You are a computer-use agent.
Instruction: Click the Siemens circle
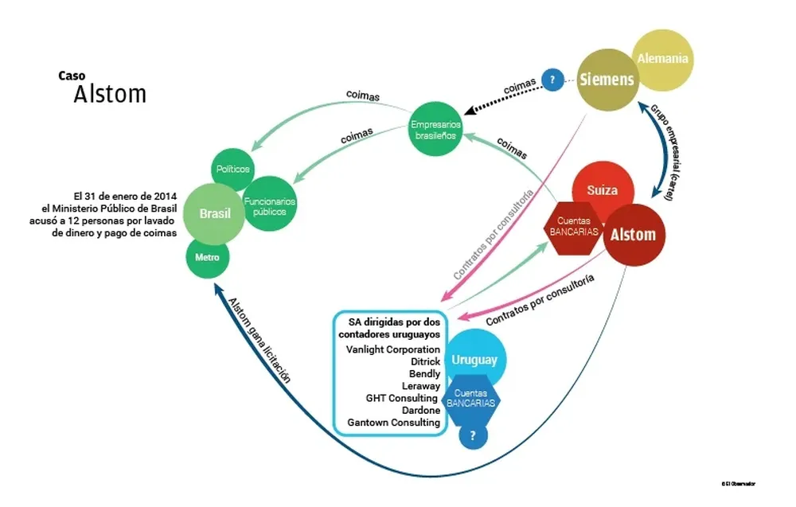tap(607, 80)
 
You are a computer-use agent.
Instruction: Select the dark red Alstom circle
tap(633, 234)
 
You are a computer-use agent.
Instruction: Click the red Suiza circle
tap(603, 192)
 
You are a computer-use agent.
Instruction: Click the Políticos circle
tap(232, 170)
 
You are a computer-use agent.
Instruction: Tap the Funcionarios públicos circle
tap(270, 202)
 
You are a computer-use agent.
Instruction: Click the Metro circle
tap(208, 258)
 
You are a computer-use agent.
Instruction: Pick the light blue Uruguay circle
tap(474, 360)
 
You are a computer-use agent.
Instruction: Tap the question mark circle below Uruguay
tap(473, 435)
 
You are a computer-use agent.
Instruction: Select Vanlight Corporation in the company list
tap(393, 349)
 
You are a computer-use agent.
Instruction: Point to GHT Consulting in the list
tap(402, 398)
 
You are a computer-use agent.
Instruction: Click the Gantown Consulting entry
tap(394, 423)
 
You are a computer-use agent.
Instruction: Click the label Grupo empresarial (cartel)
tap(662, 151)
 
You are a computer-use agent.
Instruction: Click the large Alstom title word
tap(110, 95)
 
